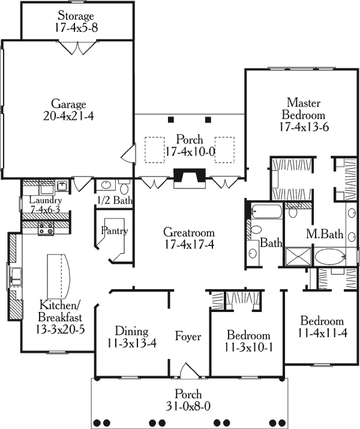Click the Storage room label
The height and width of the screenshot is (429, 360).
76,16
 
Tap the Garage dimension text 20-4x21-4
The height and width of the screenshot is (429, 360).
68,116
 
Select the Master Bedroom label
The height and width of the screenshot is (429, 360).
304,109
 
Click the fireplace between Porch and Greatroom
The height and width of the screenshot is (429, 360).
190,178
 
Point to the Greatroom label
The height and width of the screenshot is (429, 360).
189,233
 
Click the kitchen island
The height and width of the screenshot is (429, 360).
59,277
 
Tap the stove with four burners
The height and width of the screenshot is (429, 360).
46,229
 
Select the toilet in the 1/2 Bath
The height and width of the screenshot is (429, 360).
124,187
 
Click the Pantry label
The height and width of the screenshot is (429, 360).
115,230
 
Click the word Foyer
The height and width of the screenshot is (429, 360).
188,336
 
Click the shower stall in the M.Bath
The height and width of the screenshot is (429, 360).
298,256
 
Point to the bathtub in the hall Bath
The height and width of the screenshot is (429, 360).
266,211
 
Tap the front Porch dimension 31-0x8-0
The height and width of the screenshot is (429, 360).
188,406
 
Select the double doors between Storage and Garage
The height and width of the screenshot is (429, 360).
78,47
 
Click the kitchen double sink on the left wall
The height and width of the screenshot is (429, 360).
16,277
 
